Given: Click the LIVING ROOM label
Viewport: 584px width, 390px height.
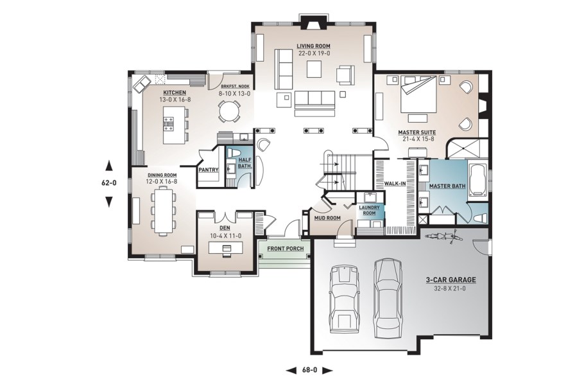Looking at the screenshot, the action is [x=313, y=46].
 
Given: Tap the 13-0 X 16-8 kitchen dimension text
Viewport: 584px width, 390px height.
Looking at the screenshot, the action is [x=175, y=100].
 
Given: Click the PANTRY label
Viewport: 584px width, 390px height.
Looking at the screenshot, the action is [x=208, y=170].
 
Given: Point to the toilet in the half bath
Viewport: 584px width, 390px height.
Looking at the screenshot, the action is [x=234, y=154].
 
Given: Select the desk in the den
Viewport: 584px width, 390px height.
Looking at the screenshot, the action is [x=225, y=248].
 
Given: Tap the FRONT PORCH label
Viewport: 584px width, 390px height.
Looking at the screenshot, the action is [x=286, y=249].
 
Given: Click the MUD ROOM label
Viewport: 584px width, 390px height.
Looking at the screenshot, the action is [x=327, y=218].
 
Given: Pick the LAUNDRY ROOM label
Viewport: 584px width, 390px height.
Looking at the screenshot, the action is [x=369, y=210].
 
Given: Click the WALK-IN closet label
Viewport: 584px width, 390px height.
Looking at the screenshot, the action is [x=395, y=184].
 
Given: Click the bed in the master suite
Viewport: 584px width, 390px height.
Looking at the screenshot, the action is [x=418, y=94].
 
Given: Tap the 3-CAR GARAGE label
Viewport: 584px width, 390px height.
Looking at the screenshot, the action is [x=451, y=279].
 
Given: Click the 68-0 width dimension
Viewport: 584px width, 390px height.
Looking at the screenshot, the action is [x=309, y=370].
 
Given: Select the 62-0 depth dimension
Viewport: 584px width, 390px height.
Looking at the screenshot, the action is [x=108, y=183].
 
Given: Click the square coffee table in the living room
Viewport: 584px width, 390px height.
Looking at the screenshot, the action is [x=314, y=69].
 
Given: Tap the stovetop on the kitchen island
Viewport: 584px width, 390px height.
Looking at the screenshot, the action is [x=168, y=123].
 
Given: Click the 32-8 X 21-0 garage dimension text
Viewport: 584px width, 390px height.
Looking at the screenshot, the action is [x=449, y=288].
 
